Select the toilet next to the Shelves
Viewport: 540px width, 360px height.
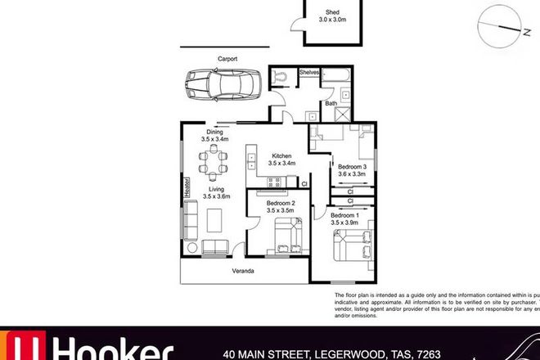[281, 75]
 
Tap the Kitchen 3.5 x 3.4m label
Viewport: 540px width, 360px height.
[283, 160]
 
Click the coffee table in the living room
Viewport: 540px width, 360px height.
[217, 221]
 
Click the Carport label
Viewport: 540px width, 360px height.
[227, 58]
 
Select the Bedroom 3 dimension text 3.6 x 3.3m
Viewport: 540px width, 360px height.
[353, 174]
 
